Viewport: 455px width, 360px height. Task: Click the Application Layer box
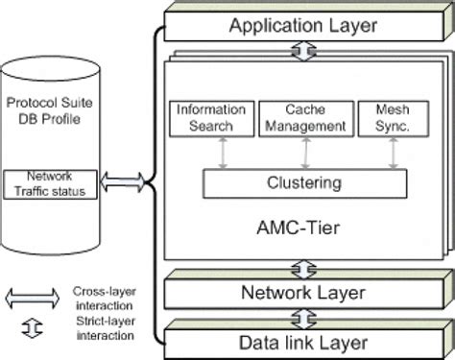[x=302, y=23]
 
